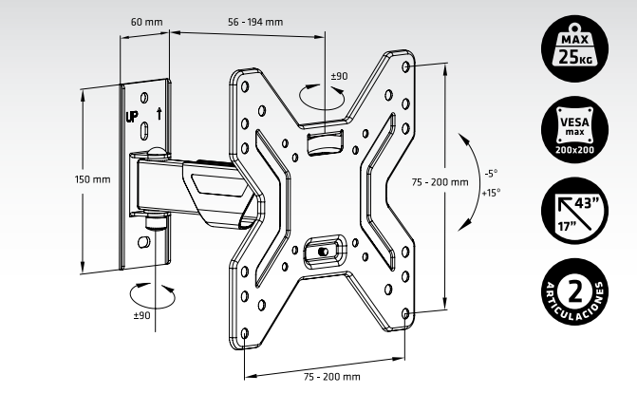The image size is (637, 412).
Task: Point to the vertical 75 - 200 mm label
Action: (x=440, y=181)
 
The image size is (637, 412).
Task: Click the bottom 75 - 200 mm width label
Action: (x=331, y=377)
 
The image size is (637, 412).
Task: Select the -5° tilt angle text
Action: (x=490, y=174)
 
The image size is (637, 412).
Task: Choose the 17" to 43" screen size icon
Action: (x=577, y=213)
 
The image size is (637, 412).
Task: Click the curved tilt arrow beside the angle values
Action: (x=466, y=181)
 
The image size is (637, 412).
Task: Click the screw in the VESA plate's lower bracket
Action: (x=325, y=252)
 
